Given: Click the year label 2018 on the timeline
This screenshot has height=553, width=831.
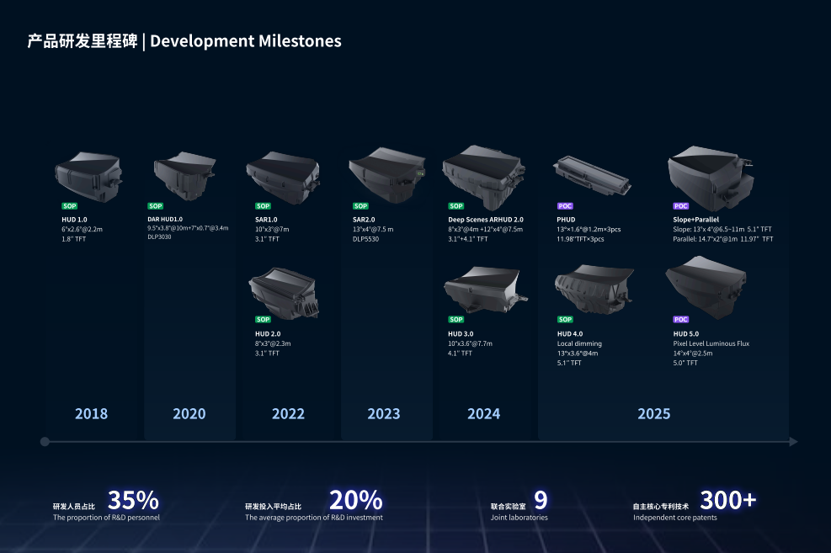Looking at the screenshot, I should pos(91,413).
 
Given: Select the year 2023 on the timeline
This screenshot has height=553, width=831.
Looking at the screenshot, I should pos(384,413).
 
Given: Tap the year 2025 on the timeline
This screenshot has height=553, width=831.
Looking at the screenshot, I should pos(653,413).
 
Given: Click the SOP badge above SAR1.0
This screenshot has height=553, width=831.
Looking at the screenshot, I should pos(264,206).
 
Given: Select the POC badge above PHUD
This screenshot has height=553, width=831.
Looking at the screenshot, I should pos(565,206).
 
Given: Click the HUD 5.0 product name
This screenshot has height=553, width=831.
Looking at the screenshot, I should pos(686,333).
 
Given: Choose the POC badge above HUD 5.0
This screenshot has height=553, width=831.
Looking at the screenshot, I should pos(681,320).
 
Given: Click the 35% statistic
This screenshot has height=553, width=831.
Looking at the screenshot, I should pos(133,500).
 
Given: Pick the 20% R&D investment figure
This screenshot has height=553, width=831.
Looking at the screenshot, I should pos(355,500).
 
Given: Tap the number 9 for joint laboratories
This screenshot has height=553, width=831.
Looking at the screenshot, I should pos(541,500).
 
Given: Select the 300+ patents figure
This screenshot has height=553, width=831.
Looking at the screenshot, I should pos(728,500).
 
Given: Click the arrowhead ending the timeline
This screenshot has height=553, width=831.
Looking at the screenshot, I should pos(793,441).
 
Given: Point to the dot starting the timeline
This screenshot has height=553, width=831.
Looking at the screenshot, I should pos(45,441).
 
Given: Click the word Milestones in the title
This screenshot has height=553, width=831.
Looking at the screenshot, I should pos(301,40).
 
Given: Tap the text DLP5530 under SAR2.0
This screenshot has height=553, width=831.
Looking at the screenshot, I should pos(367,239).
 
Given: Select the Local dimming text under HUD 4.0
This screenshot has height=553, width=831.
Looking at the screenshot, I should pos(579,343).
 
